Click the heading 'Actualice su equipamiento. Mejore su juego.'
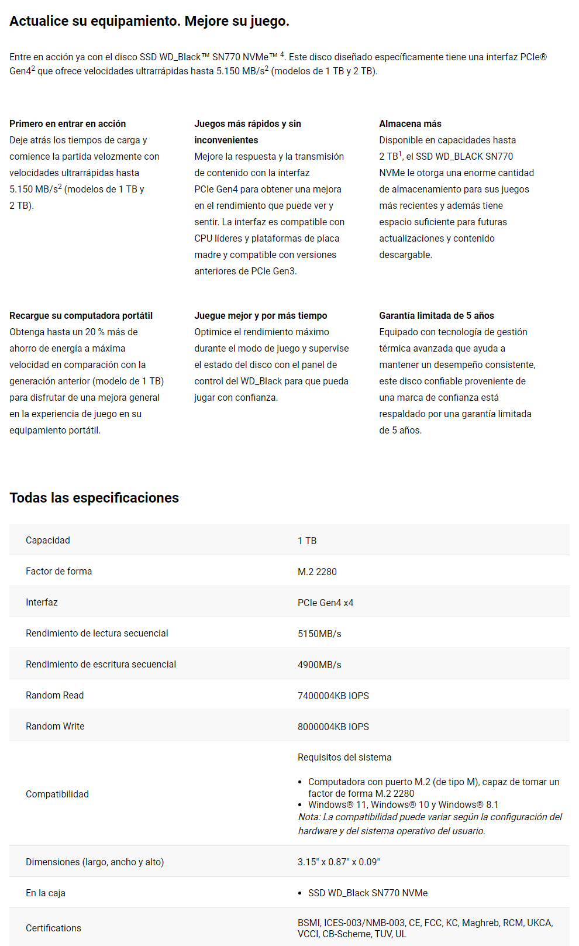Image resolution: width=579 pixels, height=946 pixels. pos(149,22)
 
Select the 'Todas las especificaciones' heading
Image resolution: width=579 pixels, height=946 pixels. pos(94,498)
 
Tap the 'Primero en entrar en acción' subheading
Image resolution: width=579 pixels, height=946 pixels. pos(67,124)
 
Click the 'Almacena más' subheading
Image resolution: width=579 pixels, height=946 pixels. pos(410,124)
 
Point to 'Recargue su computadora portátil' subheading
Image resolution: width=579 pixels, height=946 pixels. pos(81,316)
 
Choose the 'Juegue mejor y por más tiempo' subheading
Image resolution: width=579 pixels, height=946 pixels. pos(260,316)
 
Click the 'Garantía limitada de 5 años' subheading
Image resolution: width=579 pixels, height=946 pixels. pos(436,316)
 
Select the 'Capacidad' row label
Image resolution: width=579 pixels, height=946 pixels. pos(48,541)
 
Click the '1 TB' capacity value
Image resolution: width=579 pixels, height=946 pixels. pos(307,541)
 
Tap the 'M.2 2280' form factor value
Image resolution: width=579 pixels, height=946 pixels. pos(317,572)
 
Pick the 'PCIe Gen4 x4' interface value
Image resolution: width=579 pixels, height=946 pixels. pos(325,603)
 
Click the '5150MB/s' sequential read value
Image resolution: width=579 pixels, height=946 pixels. pos(319,634)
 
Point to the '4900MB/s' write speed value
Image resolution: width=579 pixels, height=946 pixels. pos(319,665)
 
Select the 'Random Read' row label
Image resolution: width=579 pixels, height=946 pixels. pos(55,696)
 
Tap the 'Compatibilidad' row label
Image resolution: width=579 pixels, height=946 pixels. pos(57,794)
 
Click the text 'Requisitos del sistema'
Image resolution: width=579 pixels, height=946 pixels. pos(344,758)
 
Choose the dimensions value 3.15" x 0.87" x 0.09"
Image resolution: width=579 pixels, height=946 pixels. pos(339,862)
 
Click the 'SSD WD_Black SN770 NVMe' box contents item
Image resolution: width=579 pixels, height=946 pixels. pos(368,893)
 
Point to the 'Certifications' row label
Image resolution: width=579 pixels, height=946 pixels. pos(53,928)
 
